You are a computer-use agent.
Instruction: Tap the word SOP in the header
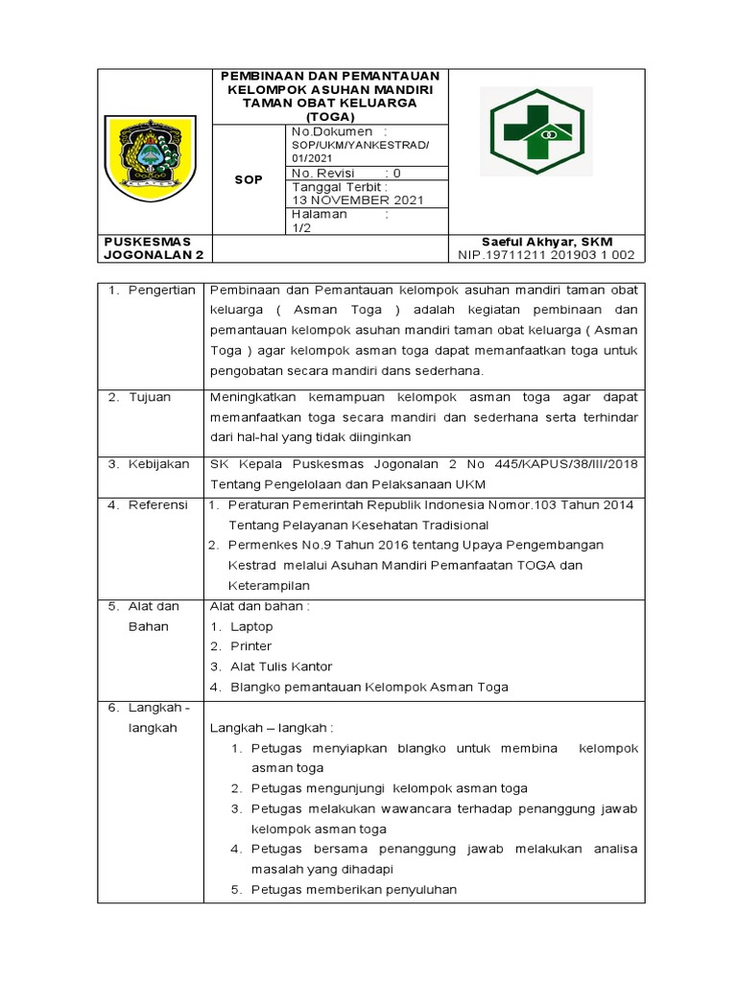pyautogui.click(x=250, y=179)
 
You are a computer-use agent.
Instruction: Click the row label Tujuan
pyautogui.click(x=149, y=396)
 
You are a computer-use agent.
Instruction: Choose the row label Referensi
pyautogui.click(x=158, y=504)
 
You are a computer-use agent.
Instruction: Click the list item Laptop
pyautogui.click(x=251, y=626)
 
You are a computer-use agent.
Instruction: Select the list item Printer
pyautogui.click(x=250, y=646)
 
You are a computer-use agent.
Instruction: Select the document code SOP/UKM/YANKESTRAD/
pyautogui.click(x=360, y=144)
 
